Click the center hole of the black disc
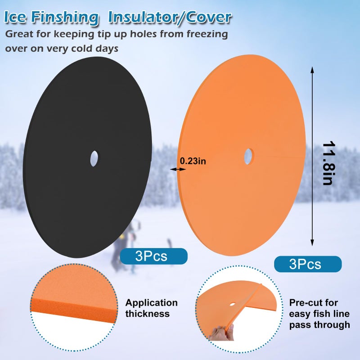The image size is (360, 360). tap(94, 159)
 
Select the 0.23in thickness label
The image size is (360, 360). tap(193, 161)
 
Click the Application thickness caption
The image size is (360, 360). tap(151, 308)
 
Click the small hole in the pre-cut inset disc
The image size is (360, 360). tap(232, 304)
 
